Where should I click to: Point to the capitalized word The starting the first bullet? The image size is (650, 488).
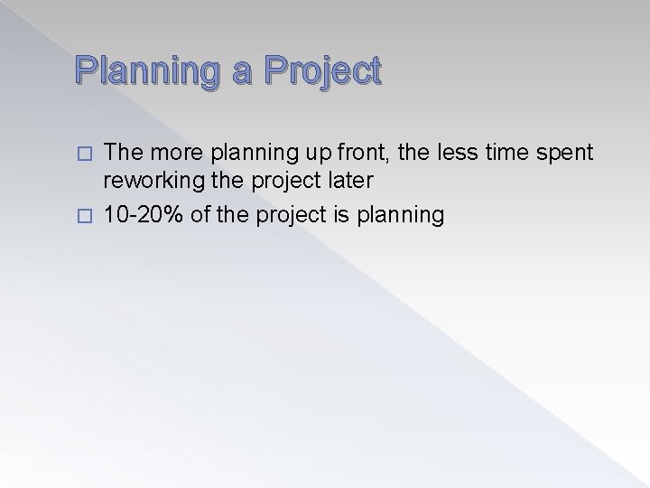[125, 154]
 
